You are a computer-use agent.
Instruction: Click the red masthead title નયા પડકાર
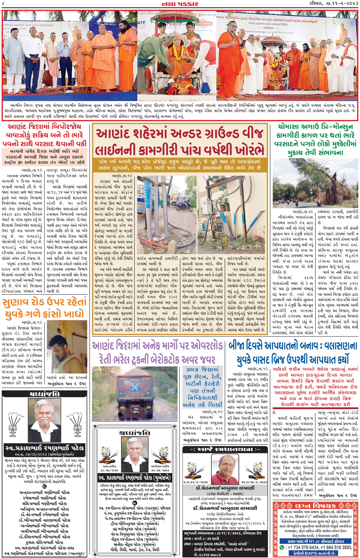point(180,4)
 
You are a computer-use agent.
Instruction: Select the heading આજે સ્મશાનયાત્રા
point(225,449)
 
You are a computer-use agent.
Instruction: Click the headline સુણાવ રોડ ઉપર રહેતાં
point(44,302)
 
